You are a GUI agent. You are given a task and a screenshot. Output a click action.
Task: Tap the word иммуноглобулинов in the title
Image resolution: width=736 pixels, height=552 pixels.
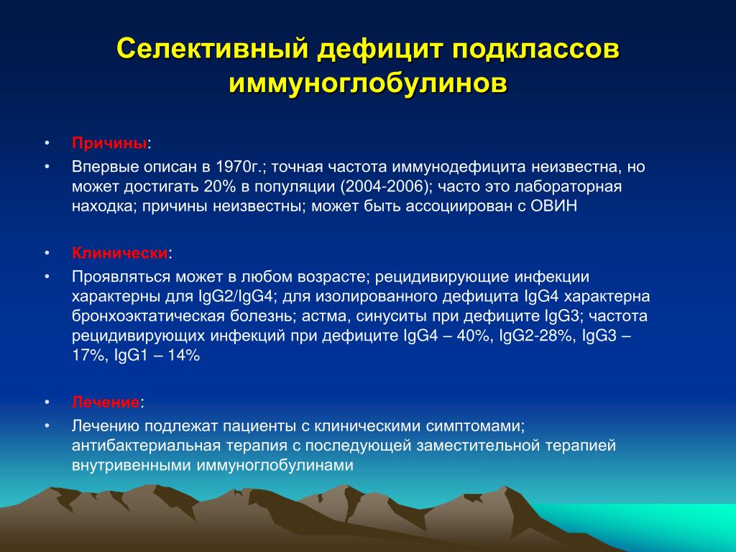(368, 83)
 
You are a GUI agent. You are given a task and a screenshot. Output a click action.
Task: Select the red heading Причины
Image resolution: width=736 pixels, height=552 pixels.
(109, 143)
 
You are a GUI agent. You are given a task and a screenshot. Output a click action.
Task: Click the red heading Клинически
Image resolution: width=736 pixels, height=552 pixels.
(120, 253)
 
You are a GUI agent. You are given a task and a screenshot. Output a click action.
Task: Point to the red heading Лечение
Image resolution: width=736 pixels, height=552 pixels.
(106, 402)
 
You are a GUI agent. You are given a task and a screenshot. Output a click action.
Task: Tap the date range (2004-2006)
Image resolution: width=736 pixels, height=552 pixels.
(385, 186)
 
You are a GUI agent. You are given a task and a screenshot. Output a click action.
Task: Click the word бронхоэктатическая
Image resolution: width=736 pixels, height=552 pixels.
(148, 316)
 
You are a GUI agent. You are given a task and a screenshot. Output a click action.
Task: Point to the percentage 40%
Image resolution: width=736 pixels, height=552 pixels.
(472, 336)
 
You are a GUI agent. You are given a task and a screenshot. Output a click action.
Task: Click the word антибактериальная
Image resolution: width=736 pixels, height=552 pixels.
(145, 446)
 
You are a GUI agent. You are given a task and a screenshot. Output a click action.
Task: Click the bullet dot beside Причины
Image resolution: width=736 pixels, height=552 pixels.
(47, 142)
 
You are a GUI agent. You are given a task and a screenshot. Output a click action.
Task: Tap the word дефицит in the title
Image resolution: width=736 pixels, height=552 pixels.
(379, 50)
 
